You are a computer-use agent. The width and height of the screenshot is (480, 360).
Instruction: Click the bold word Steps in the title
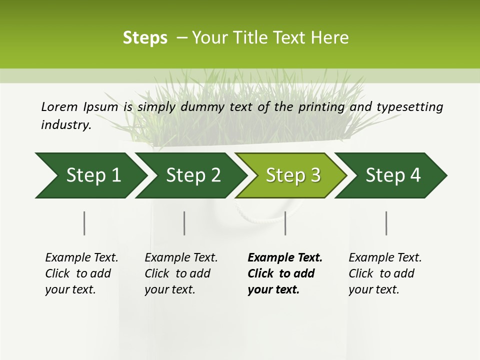(145, 38)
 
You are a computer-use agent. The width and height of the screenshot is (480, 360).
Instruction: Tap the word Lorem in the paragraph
(59, 106)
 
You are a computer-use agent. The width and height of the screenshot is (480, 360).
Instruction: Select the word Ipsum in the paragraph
(100, 106)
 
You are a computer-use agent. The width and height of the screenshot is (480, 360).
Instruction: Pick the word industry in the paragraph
(66, 124)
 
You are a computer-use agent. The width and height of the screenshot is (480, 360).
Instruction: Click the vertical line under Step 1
(84, 223)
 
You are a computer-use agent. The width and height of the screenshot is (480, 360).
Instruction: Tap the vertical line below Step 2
(184, 223)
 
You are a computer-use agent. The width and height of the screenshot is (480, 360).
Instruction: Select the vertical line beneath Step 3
(285, 223)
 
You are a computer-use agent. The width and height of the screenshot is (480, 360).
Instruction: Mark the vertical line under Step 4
(386, 223)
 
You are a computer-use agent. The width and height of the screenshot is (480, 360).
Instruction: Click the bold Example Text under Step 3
(285, 258)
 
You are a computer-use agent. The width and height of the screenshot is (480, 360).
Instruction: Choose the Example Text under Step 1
(81, 258)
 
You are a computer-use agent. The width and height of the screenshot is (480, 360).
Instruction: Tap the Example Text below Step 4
(385, 258)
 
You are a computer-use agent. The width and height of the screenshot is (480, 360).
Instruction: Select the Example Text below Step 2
(181, 258)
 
